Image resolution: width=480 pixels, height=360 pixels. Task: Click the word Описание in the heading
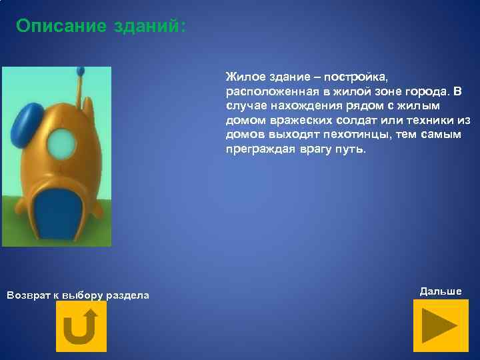point(61,26)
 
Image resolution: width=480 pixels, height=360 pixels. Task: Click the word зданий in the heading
point(149,26)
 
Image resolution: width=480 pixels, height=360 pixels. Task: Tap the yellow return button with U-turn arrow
point(81,326)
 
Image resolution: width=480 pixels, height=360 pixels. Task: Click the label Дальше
point(440,291)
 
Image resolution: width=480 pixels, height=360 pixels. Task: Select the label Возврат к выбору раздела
point(77,295)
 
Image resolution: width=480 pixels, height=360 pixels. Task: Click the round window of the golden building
point(62,141)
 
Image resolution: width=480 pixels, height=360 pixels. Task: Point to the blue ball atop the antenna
point(81,69)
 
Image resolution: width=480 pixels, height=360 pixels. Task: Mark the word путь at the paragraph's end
point(351,149)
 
